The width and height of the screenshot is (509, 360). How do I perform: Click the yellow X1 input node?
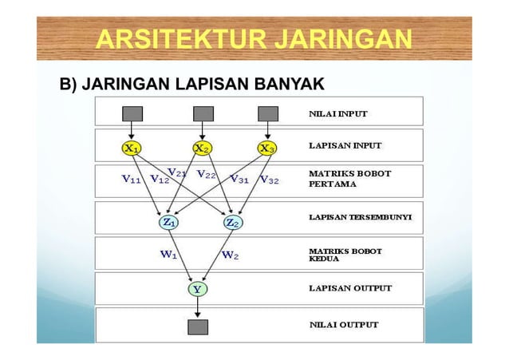point(132,148)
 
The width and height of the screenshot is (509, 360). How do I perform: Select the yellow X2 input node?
point(203,148)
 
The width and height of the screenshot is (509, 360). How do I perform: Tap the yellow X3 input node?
point(268,148)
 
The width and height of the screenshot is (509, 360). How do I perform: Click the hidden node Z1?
point(170,223)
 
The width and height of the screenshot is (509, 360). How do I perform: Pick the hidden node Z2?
point(233,223)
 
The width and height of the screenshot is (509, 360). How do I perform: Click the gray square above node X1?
point(132,113)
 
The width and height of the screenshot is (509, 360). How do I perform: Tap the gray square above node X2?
point(203,113)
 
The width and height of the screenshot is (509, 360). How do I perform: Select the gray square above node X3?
point(268,113)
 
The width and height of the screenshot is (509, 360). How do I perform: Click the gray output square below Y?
point(197,326)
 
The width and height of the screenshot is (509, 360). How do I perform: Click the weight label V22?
point(207,174)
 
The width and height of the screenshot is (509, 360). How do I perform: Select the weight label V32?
point(269,180)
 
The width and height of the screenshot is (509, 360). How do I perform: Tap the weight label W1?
point(169,256)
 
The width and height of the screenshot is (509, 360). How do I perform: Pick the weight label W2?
point(230,256)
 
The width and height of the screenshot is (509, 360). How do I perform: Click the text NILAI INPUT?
point(338,113)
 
